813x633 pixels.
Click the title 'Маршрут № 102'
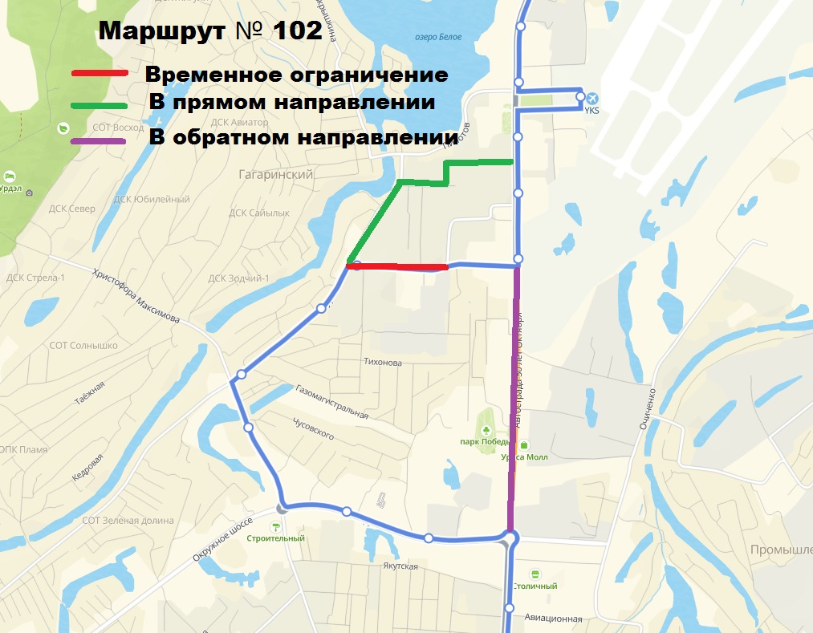pyautogui.click(x=209, y=30)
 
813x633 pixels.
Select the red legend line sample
pyautogui.click(x=100, y=74)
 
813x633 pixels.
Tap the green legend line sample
pyautogui.click(x=100, y=104)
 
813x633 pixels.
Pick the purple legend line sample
pyautogui.click(x=100, y=141)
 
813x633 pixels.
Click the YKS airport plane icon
pyautogui.click(x=592, y=99)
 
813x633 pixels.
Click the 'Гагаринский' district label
pyautogui.click(x=275, y=174)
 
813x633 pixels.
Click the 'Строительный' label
pyautogui.click(x=275, y=538)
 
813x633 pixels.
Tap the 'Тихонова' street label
pyautogui.click(x=382, y=363)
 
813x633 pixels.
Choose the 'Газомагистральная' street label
pyautogui.click(x=331, y=402)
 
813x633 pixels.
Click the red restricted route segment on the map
pyautogui.click(x=397, y=266)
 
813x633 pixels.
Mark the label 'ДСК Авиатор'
pyautogui.click(x=238, y=123)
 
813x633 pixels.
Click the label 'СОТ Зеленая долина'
pyautogui.click(x=128, y=521)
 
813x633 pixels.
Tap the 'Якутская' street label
pyautogui.click(x=400, y=566)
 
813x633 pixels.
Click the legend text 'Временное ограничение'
pyautogui.click(x=296, y=75)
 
